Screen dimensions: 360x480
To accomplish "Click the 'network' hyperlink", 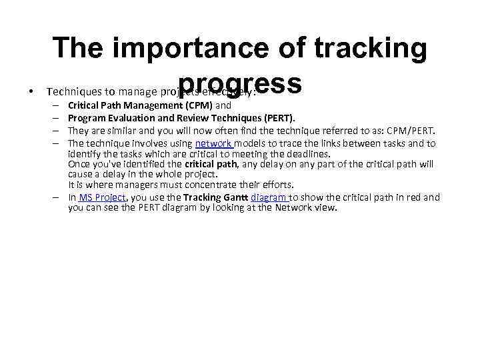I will tap(213, 143).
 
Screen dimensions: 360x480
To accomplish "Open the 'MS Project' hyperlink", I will tap(102, 197).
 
